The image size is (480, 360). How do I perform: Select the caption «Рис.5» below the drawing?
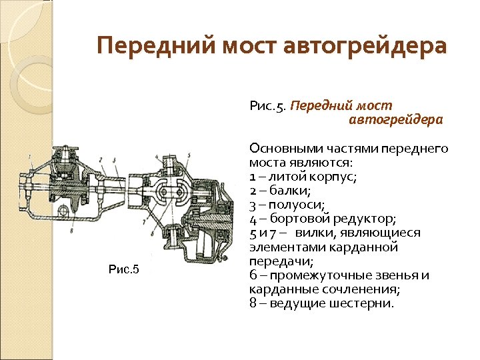tap(123, 269)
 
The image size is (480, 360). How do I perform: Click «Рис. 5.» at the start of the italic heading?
tap(269, 106)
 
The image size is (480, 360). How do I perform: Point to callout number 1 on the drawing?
tap(31, 157)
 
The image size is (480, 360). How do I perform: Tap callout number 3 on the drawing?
tap(115, 159)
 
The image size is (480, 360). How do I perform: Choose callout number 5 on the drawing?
tap(189, 155)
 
